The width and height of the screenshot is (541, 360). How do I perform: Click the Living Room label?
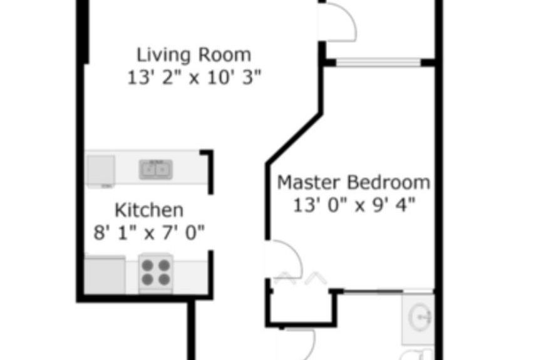pyautogui.click(x=193, y=54)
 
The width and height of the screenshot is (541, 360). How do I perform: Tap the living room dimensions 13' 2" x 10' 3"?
pyautogui.click(x=193, y=78)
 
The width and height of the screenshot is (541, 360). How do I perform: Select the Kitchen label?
pyautogui.click(x=148, y=210)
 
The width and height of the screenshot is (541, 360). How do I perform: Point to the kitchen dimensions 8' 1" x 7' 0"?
pyautogui.click(x=148, y=233)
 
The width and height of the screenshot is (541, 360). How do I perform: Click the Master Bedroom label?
pyautogui.click(x=354, y=183)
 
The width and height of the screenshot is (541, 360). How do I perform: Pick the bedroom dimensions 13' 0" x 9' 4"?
pyautogui.click(x=354, y=205)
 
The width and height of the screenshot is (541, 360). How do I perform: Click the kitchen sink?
pyautogui.click(x=156, y=169)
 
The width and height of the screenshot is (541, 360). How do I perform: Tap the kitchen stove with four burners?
pyautogui.click(x=155, y=272)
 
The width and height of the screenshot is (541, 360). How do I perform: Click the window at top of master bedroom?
pyautogui.click(x=378, y=62)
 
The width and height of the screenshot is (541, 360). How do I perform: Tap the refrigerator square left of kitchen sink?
pyautogui.click(x=100, y=169)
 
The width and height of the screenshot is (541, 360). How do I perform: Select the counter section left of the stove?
pyautogui.click(x=105, y=274)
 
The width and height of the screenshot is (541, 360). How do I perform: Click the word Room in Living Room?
pyautogui.click(x=224, y=54)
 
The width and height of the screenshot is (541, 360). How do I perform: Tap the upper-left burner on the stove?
pyautogui.click(x=147, y=265)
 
